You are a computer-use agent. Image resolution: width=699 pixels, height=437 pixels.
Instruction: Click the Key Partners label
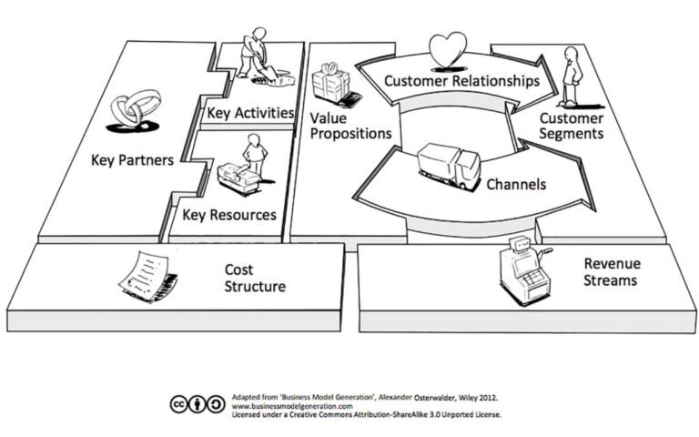click(x=132, y=160)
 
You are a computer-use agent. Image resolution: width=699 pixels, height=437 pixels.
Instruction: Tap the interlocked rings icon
click(x=130, y=114)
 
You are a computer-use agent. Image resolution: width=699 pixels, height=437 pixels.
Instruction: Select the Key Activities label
click(x=250, y=113)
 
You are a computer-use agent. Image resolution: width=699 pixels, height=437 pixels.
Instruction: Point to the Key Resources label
click(x=229, y=215)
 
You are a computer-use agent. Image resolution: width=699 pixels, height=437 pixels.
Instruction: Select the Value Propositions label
click(x=350, y=126)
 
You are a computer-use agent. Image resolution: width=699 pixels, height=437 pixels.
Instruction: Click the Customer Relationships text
click(x=461, y=81)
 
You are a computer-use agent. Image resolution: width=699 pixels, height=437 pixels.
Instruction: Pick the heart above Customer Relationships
click(x=447, y=50)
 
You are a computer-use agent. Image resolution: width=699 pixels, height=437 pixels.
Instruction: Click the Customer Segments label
click(x=572, y=126)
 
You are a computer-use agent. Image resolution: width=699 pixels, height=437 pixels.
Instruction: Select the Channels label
click(x=515, y=185)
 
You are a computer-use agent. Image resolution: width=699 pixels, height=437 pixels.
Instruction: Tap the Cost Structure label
click(x=255, y=278)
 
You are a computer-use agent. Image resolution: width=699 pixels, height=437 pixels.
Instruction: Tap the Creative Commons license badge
click(x=198, y=404)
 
